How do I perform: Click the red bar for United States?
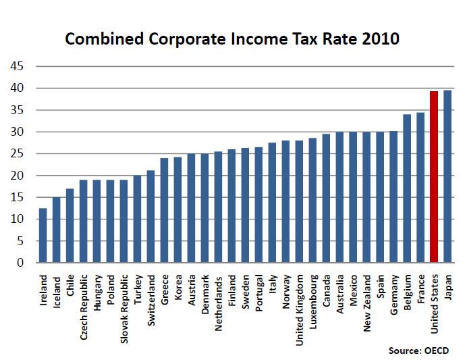434,177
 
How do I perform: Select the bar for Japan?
447,176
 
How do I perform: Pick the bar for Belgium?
407,188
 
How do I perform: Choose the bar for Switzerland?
151,216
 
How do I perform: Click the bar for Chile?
70,226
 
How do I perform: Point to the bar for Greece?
165,210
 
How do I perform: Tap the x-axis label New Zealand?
367,298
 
